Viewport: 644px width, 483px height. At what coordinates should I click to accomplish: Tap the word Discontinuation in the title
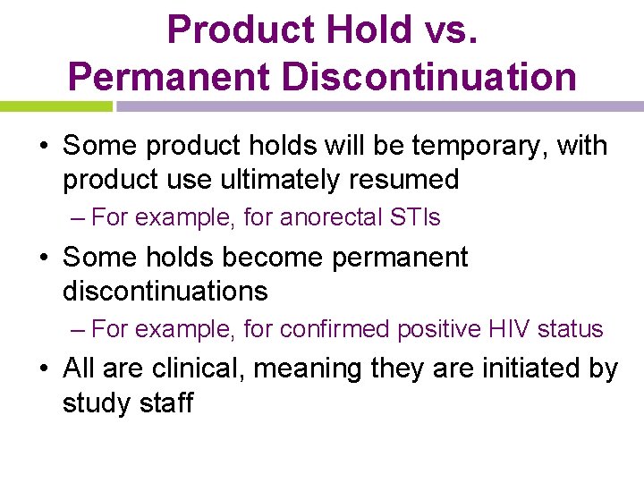(x=429, y=76)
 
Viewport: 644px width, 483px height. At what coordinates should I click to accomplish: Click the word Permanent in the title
(x=169, y=76)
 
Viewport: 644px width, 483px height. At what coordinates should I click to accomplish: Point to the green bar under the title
(x=55, y=106)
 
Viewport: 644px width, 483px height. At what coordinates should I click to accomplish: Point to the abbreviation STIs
(x=414, y=217)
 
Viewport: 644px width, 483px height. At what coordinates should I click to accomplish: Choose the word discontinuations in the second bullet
(x=165, y=291)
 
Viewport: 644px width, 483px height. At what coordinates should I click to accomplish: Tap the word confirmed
(x=335, y=329)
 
